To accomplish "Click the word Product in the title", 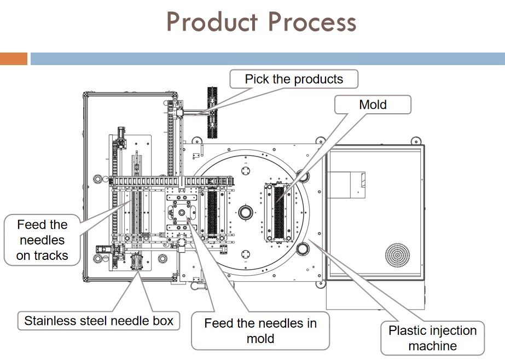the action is tap(212, 21).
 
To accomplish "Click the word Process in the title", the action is tap(312, 21).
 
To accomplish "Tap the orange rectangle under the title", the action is tap(14, 59).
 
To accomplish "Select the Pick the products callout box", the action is tap(294, 79).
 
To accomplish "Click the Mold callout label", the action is tap(373, 104).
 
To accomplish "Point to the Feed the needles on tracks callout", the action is tap(42, 240).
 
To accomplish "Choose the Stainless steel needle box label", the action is tap(98, 321).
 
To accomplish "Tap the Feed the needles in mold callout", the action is tap(260, 330).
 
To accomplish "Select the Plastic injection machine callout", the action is tap(433, 338).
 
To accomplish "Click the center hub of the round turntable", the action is tap(246, 213).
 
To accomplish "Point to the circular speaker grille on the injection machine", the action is tap(397, 256).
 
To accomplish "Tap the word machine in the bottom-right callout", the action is tap(433, 346).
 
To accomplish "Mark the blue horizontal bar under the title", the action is tap(268, 59).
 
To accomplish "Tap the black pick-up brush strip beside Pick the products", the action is tap(212, 112).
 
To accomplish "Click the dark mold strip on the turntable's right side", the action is tap(279, 212).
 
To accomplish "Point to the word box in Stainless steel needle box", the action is tap(163, 321).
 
